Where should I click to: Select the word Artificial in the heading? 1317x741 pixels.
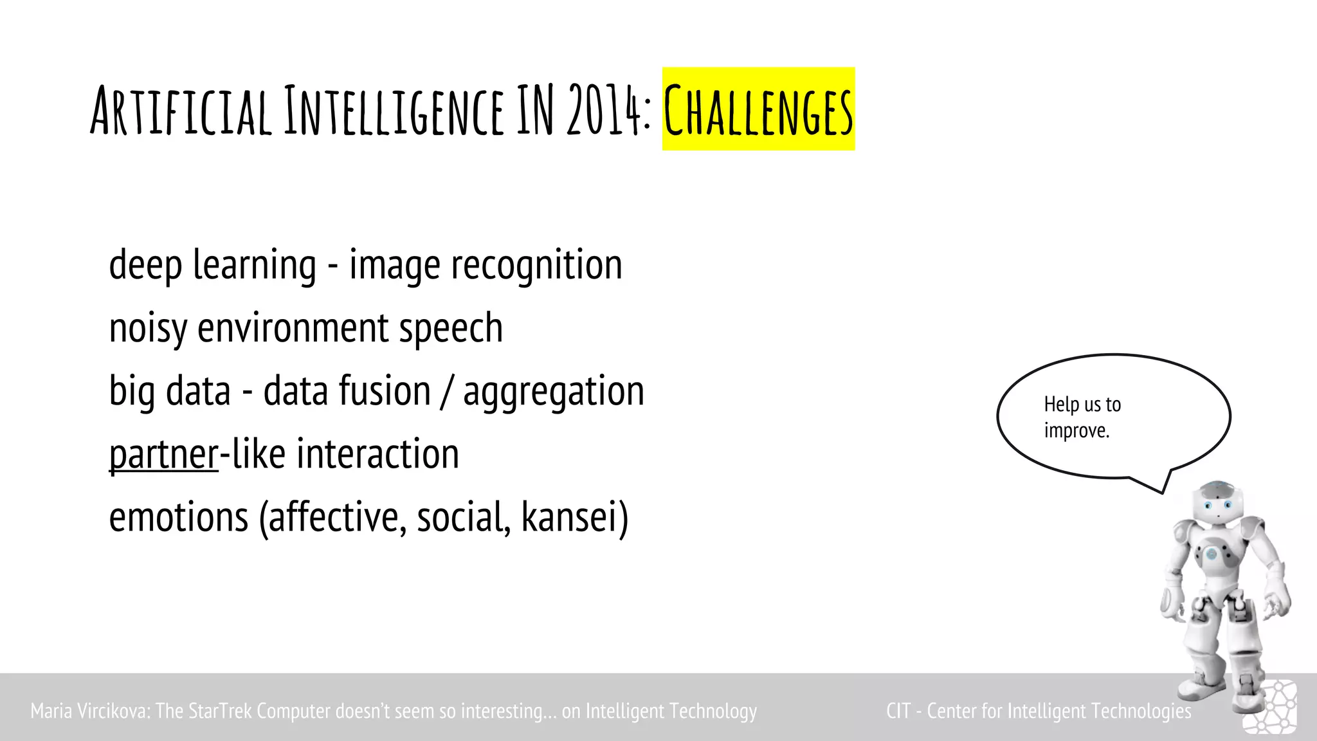pyautogui.click(x=181, y=111)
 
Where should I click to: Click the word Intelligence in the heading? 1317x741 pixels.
pyautogui.click(x=394, y=111)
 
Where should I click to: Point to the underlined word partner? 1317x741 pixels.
pyautogui.click(x=164, y=455)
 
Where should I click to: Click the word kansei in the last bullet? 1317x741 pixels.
pyautogui.click(x=574, y=517)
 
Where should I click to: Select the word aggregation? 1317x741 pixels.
pyautogui.click(x=554, y=392)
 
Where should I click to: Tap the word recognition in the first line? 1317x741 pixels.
pyautogui.click(x=537, y=265)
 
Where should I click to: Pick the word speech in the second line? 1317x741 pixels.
pyautogui.click(x=451, y=329)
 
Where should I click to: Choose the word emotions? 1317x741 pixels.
pyautogui.click(x=178, y=517)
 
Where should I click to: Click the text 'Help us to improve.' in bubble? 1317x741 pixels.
pyautogui.click(x=1082, y=417)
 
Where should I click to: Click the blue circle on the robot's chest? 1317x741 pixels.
pyautogui.click(x=1211, y=553)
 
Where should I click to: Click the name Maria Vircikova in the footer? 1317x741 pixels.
pyautogui.click(x=90, y=711)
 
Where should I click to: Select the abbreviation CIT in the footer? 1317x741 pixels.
pyautogui.click(x=898, y=711)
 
